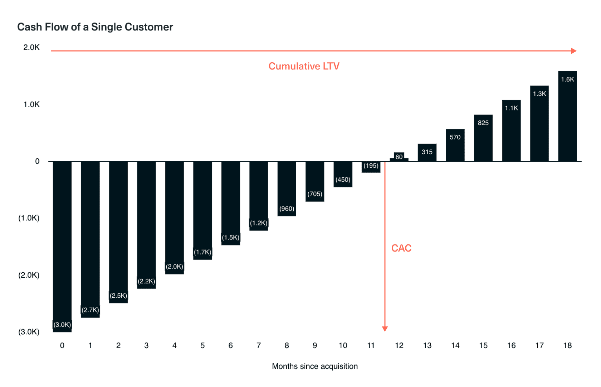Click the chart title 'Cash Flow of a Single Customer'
coord(95,27)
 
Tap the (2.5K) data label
coord(118,296)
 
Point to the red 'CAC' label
coord(401,248)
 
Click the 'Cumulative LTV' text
coord(304,66)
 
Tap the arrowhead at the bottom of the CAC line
coord(385,329)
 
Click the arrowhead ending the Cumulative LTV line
coord(574,51)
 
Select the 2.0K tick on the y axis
coord(31,47)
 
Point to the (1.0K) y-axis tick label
coord(29,218)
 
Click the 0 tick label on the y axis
coord(37,161)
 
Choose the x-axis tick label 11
coord(371,345)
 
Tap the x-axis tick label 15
coord(483,345)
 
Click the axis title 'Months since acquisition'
coord(315,366)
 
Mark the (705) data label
coord(315,194)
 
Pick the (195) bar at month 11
coord(371,167)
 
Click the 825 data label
coord(483,123)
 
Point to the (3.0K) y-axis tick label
coord(29,332)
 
